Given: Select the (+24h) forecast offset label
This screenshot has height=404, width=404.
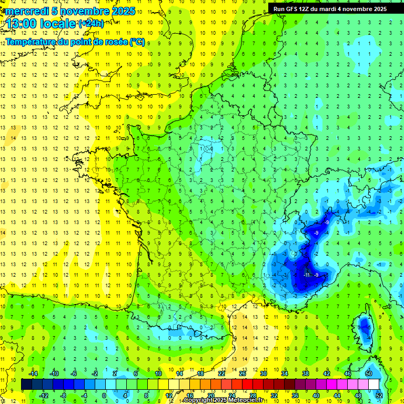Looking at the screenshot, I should (91, 23).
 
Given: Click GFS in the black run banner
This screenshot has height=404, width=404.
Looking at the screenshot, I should (295, 9).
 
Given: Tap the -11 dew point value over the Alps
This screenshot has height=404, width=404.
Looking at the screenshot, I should (306, 275).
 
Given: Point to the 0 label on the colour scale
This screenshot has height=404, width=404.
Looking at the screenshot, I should (104, 396).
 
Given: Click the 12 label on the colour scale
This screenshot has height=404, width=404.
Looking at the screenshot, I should (169, 396).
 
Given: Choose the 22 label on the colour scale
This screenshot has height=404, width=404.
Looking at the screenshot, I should (222, 373).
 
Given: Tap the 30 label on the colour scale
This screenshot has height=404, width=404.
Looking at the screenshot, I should (264, 373).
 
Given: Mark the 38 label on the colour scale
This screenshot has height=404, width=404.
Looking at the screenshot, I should (305, 373).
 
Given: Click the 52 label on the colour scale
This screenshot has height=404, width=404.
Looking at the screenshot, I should (378, 396).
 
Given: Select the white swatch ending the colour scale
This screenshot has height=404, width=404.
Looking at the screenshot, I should (373, 385).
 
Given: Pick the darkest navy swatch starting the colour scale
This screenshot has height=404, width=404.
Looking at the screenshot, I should (27, 385).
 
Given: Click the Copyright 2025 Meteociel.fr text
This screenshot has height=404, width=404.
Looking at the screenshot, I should (224, 400).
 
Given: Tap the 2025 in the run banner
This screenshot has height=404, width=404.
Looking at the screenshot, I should (378, 9).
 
